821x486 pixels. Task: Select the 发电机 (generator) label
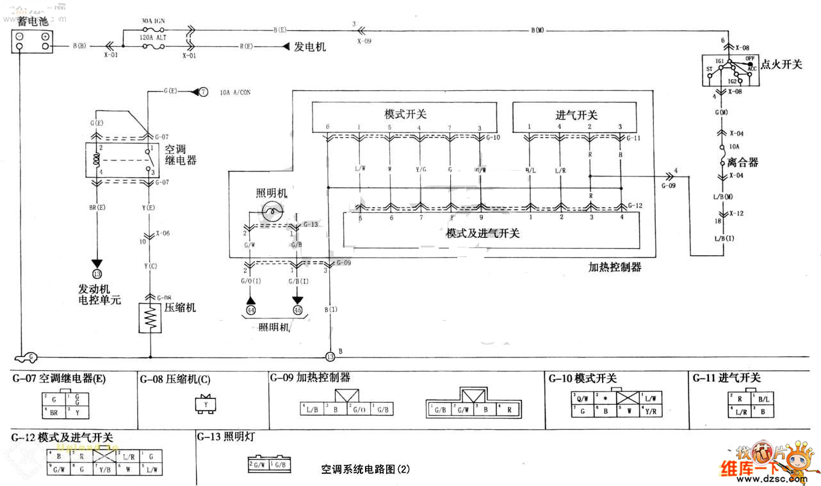coord(310,47)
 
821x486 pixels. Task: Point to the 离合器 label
coord(743,162)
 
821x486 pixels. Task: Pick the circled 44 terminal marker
coord(250,311)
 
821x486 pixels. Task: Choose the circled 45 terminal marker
coord(297,311)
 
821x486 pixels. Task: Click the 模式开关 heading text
coord(405,114)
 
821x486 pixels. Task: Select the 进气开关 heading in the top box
coord(576,115)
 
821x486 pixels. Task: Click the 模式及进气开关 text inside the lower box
coord(483,233)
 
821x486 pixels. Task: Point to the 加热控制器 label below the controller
coord(615,267)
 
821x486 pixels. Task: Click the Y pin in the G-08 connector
coord(206,405)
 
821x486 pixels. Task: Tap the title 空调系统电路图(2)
coord(366,469)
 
